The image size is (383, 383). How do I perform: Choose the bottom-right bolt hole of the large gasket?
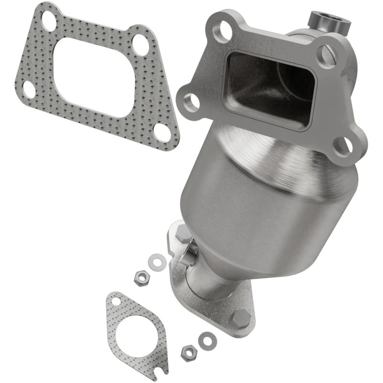click(x=163, y=132)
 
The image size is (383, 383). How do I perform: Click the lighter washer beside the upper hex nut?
click(x=157, y=261)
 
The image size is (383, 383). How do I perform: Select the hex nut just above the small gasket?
click(x=140, y=278)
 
